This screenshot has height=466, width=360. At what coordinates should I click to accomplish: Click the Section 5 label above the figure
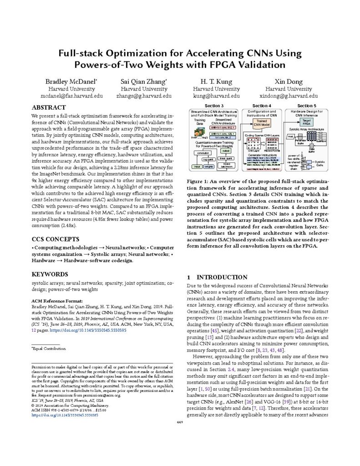click(x=305, y=106)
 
